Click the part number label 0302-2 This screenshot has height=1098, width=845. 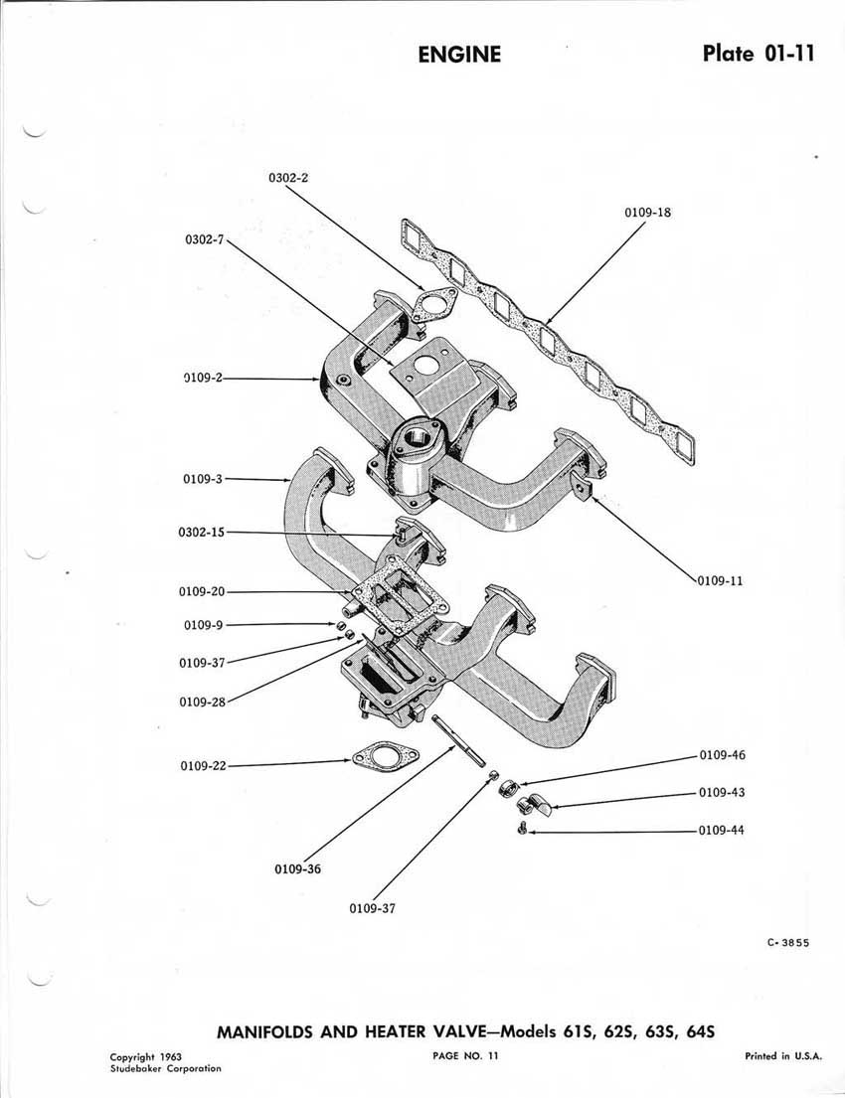point(288,178)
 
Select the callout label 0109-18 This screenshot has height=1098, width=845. point(647,213)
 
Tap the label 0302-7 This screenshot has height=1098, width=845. point(204,239)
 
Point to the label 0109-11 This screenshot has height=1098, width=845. point(720,580)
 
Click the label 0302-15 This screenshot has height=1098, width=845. point(202,533)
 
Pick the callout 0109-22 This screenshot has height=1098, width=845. point(204,766)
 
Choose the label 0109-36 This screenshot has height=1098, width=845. point(298,869)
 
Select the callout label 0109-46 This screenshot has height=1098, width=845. point(723,755)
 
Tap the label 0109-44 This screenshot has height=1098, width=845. point(722,831)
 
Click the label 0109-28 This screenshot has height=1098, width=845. point(203,702)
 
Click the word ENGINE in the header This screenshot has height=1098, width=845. point(459,55)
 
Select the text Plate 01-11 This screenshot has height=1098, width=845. point(759,54)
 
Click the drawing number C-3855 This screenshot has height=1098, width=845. point(788,943)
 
